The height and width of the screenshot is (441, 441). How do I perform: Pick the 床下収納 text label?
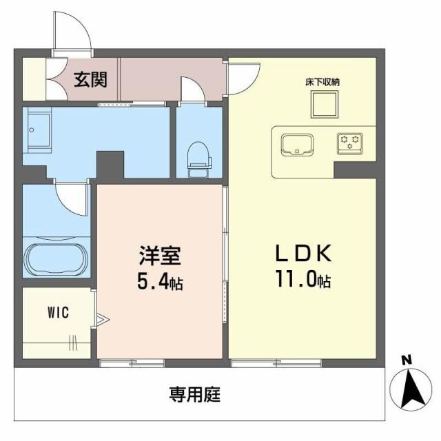(322, 82)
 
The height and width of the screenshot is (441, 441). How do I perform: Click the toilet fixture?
(198, 156)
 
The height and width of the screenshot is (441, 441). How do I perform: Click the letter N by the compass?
(406, 360)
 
